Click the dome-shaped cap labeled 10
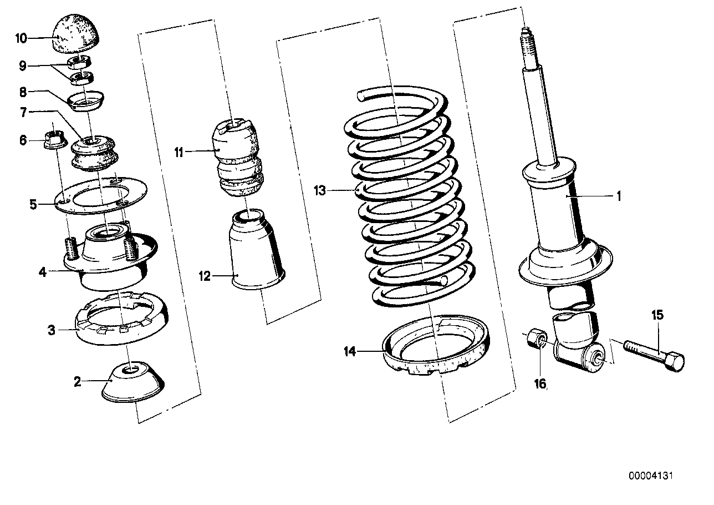79,34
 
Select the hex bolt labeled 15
654,354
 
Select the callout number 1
619,196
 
